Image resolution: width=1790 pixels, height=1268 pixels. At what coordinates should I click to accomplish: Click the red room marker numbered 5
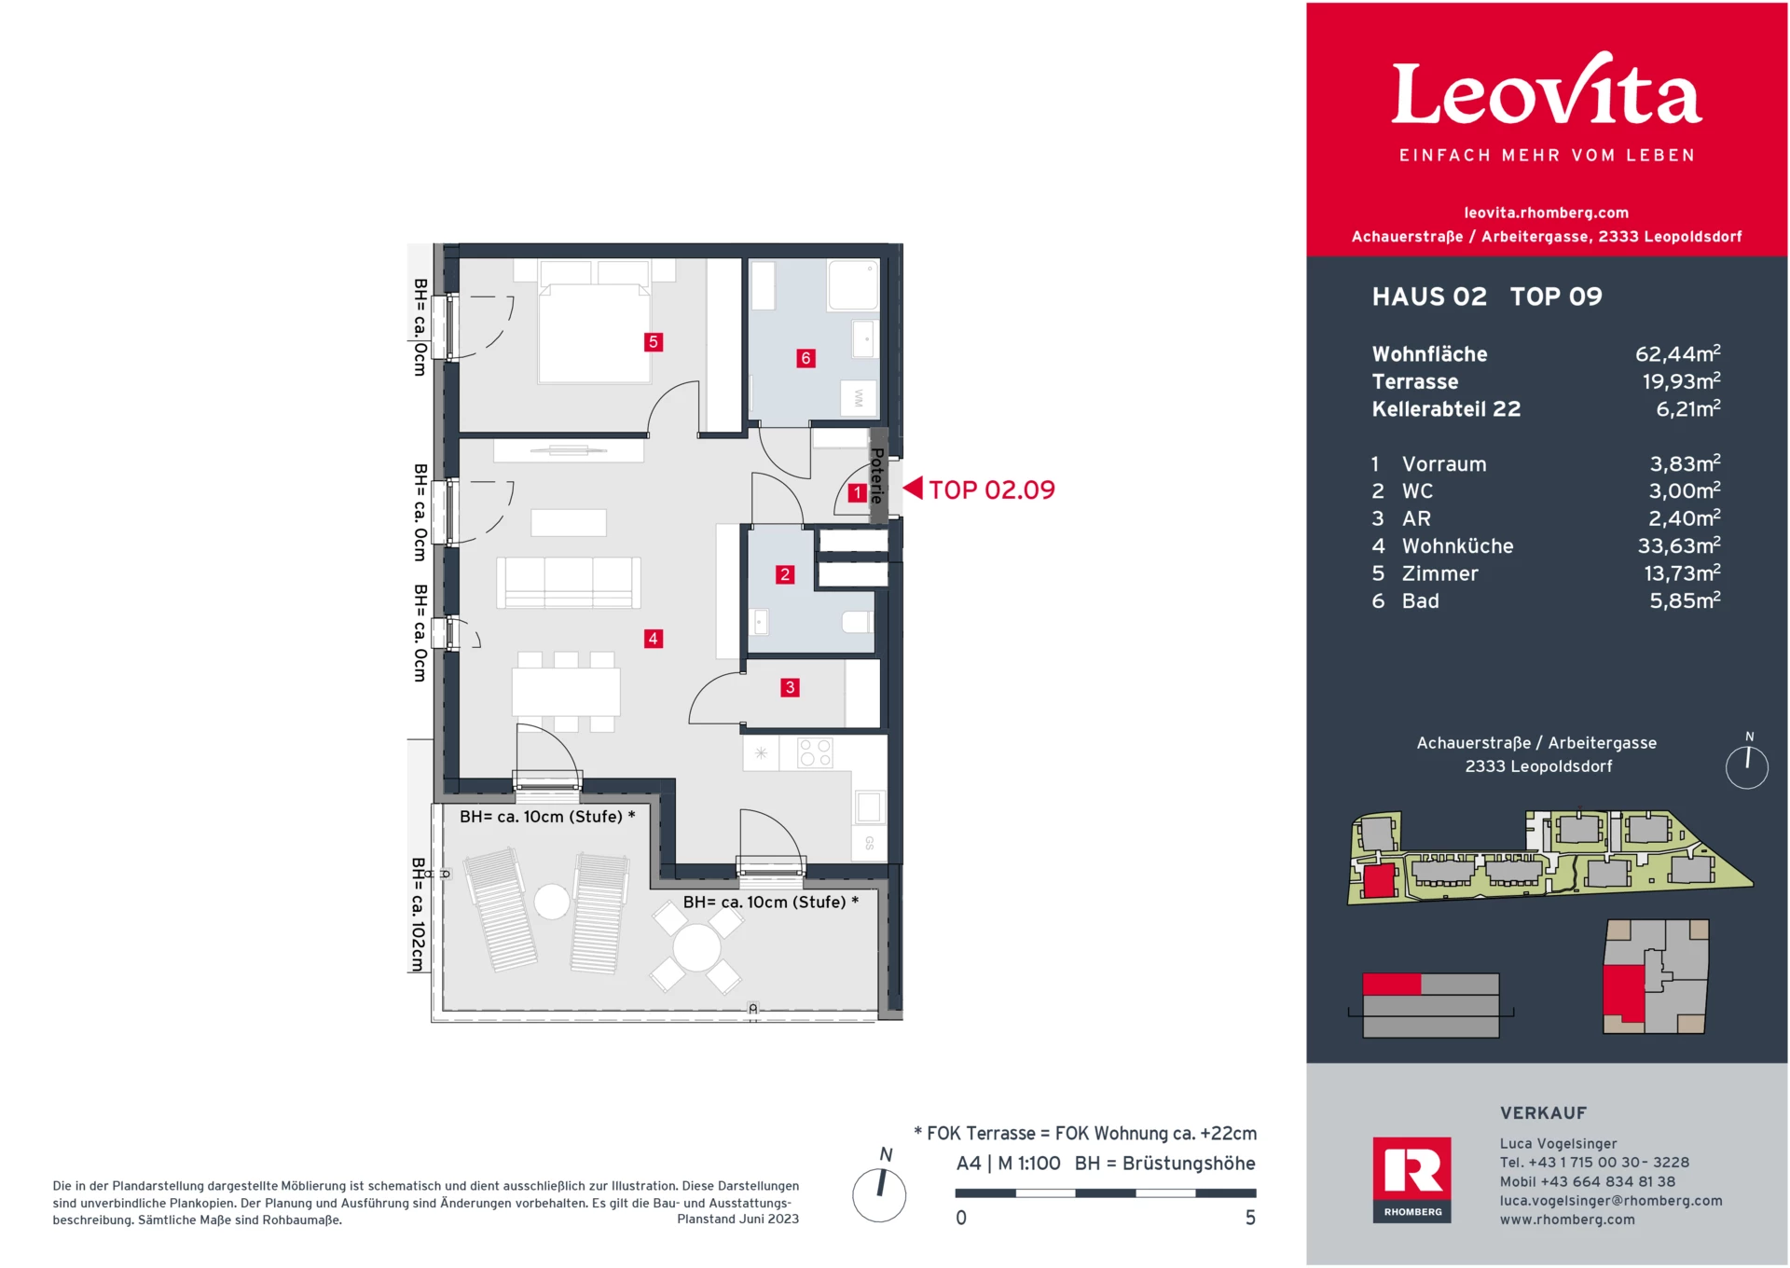click(653, 342)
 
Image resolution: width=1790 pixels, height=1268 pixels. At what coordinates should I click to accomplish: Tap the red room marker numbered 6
click(805, 358)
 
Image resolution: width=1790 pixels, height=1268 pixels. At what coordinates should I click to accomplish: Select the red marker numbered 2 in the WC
click(785, 574)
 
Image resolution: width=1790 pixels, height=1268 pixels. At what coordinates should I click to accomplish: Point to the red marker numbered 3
click(790, 687)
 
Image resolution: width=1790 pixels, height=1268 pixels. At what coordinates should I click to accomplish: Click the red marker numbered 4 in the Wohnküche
click(653, 639)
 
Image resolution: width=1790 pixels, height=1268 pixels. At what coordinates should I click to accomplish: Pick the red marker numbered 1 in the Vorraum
click(857, 493)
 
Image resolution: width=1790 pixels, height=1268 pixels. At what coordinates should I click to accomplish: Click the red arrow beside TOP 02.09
click(913, 488)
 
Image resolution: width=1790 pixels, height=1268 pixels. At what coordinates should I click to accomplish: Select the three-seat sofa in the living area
click(569, 583)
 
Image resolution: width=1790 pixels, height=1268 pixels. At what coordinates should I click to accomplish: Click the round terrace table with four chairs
click(696, 948)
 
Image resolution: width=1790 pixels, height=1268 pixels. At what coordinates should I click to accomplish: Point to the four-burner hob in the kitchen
click(815, 753)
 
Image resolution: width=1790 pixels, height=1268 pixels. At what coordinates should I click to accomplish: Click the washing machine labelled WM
click(859, 398)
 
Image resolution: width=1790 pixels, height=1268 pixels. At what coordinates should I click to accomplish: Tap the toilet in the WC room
click(857, 622)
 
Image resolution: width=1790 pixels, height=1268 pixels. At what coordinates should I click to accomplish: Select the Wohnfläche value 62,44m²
click(1677, 353)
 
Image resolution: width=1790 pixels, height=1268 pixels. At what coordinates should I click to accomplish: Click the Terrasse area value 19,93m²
click(1681, 380)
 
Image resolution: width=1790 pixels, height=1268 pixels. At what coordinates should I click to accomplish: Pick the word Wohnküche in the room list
click(1457, 545)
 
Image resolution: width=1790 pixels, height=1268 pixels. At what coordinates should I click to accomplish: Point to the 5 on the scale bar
click(1250, 1218)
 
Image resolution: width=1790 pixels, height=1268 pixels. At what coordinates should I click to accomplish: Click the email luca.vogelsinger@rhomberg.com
click(1610, 1200)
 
